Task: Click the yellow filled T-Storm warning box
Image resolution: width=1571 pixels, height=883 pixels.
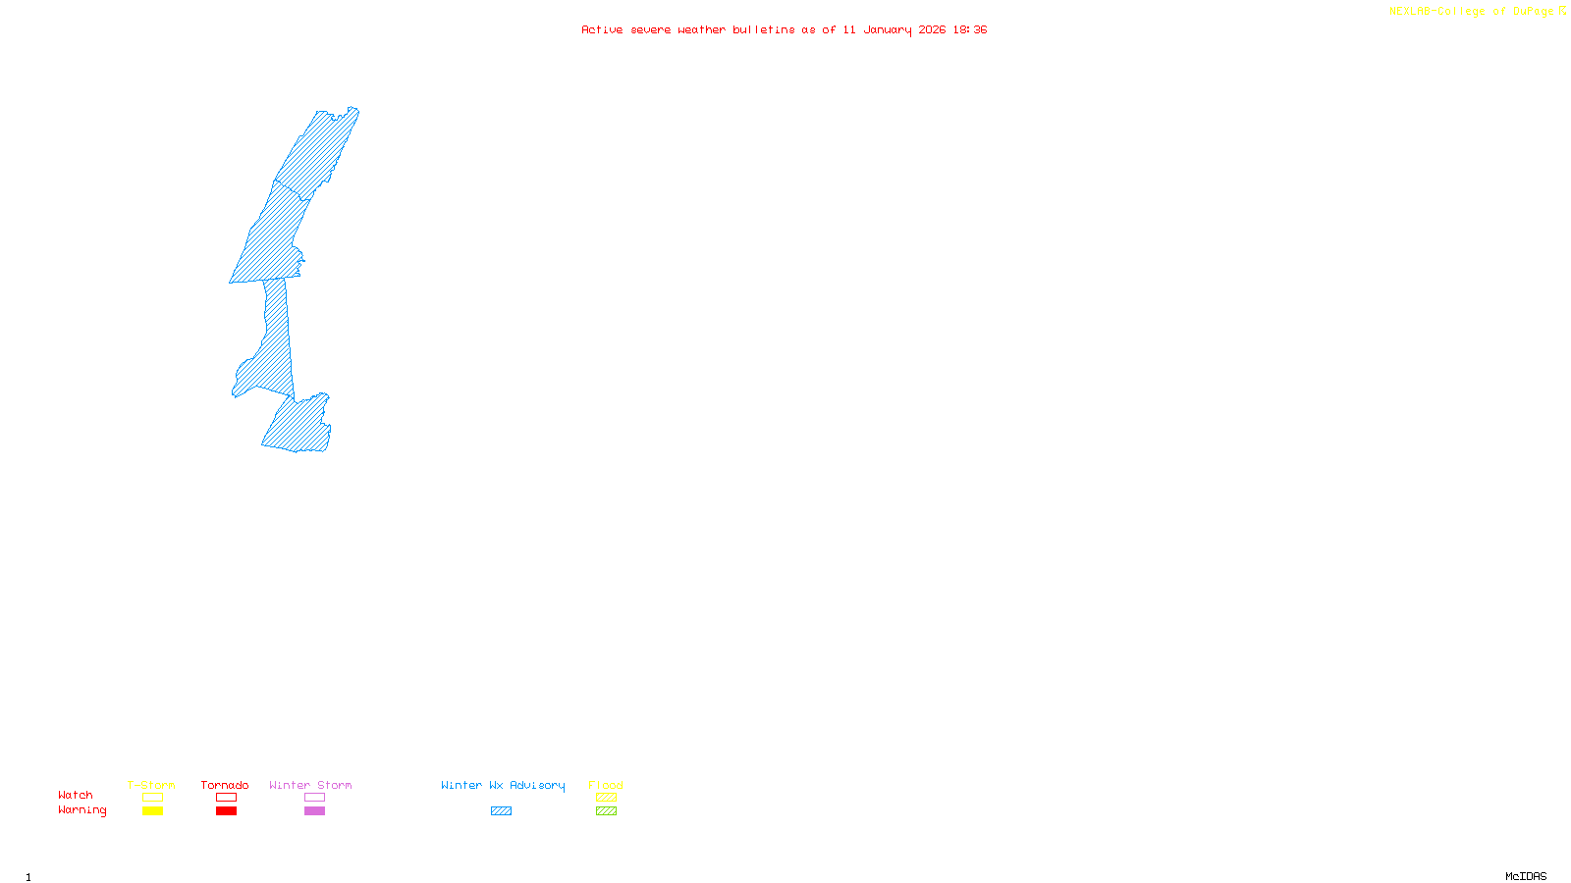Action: click(152, 811)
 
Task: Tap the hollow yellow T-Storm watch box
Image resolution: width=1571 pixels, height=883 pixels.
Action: click(152, 798)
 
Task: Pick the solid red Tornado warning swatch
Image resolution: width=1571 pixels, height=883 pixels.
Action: click(226, 811)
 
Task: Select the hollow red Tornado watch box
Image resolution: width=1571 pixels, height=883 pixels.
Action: click(226, 798)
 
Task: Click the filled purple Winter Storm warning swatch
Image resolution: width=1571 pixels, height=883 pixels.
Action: click(314, 811)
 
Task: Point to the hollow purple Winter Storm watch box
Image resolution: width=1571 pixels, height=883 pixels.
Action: click(314, 798)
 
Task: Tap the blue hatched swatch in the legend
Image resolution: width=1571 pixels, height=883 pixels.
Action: click(501, 811)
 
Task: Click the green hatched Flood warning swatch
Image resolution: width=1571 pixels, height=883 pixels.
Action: click(606, 811)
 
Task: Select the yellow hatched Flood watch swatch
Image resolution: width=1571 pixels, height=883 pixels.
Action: click(606, 798)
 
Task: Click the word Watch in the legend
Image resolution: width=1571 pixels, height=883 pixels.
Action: click(76, 796)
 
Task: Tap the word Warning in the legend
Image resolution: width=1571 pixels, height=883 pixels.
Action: click(81, 810)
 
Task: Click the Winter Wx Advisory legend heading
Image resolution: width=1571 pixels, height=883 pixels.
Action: click(503, 785)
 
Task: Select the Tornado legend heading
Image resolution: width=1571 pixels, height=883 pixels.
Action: click(225, 785)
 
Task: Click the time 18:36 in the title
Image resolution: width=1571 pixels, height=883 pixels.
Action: click(969, 29)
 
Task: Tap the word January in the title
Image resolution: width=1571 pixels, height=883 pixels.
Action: click(887, 29)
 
